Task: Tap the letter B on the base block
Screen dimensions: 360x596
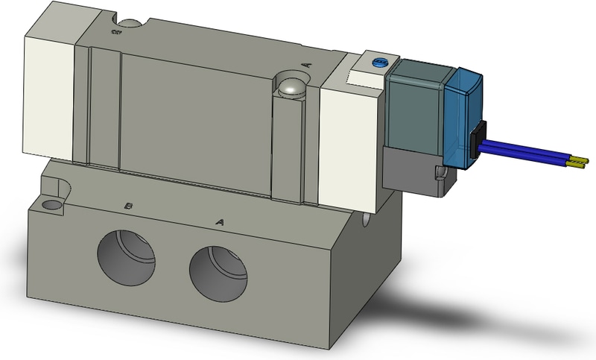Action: point(129,205)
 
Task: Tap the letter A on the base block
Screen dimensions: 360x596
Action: point(219,221)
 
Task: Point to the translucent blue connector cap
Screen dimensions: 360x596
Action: point(464,116)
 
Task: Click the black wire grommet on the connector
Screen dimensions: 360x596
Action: point(477,141)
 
